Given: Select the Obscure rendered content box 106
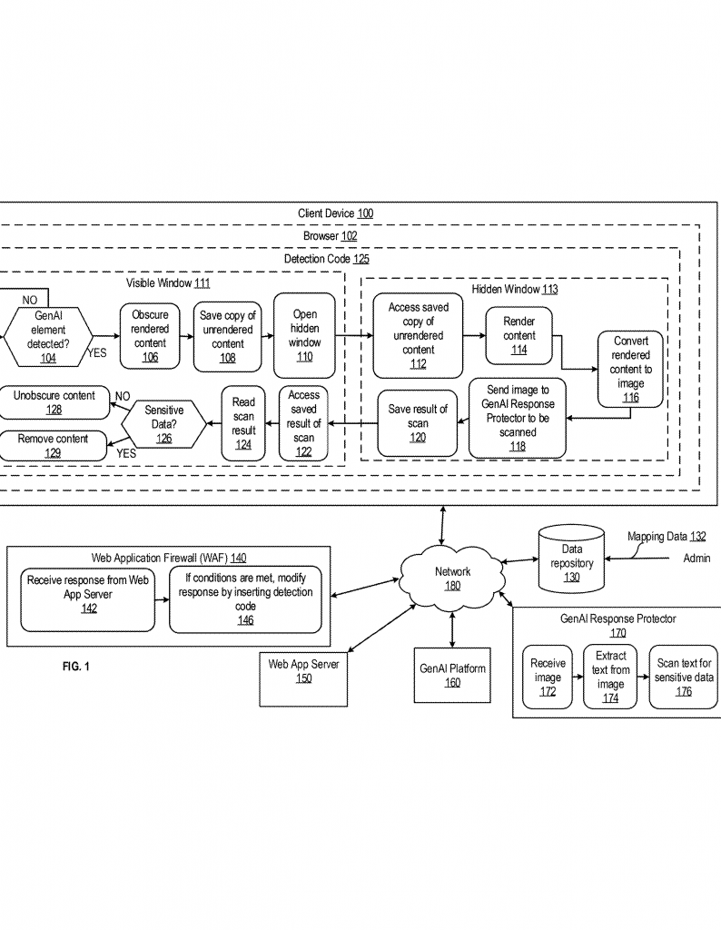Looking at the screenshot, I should coord(150,336).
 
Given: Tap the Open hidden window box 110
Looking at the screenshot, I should coord(304,336).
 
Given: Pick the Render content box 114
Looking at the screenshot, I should coord(519,336).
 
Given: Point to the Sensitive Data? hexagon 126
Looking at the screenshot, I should coord(163,424).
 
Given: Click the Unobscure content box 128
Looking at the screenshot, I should coord(54,403).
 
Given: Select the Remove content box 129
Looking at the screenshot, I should coord(54,445).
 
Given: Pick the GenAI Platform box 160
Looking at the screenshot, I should coord(452,676).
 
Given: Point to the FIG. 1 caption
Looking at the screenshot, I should coord(76,668).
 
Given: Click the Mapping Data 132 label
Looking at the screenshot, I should coord(666,537).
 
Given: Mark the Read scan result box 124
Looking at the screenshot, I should coord(243,423).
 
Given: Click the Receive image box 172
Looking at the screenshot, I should coord(547,678).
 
